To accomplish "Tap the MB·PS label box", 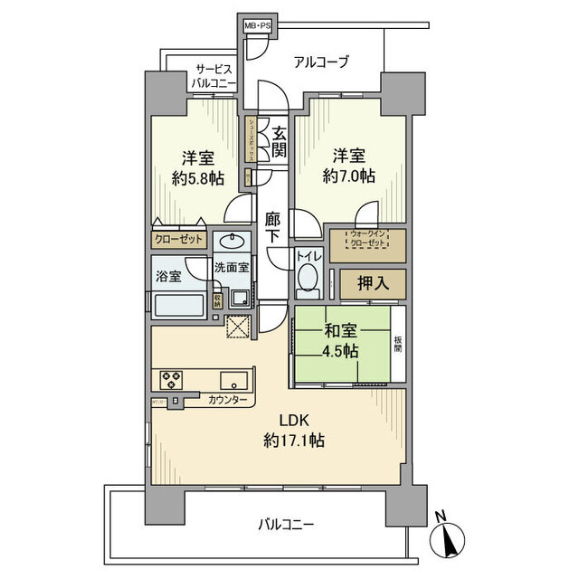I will point(258,25).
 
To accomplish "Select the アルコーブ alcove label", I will point(321,62).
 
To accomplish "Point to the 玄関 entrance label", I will point(279,141).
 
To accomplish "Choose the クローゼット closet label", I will point(178,240).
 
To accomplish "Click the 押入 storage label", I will point(372,284).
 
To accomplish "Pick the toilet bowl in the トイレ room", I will point(309,277).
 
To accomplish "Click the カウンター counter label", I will point(224,399).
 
